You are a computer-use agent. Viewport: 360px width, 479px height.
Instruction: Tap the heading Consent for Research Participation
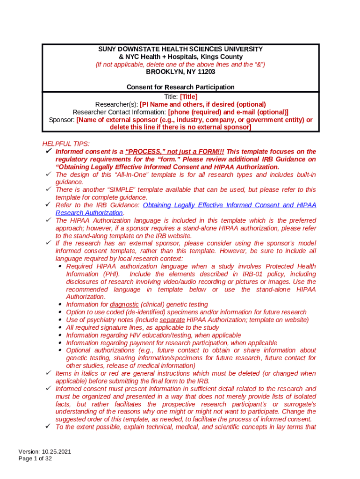point(180,87)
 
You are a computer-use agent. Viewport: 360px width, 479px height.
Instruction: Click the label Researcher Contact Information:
point(120,112)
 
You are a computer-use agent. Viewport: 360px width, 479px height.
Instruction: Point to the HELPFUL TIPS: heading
point(66,144)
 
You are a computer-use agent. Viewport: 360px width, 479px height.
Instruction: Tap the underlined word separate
point(172,319)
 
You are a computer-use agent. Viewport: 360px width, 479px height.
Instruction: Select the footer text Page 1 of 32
point(35,459)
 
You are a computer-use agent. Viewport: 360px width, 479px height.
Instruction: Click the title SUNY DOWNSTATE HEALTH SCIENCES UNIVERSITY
point(180,49)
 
